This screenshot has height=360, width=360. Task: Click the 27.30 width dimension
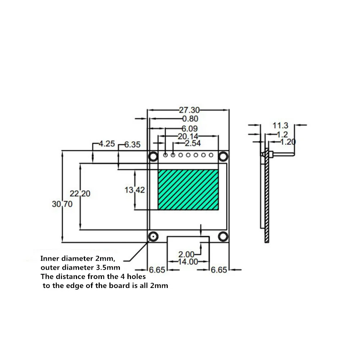(x=189, y=110)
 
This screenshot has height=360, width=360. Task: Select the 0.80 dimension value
(x=190, y=119)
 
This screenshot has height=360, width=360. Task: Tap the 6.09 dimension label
(x=189, y=129)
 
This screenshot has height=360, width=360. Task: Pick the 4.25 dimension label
(x=107, y=144)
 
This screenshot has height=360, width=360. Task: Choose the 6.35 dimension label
(x=132, y=145)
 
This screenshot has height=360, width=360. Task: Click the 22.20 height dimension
(x=80, y=194)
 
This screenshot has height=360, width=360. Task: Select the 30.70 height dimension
(x=62, y=204)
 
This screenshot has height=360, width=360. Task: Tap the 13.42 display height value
(x=135, y=190)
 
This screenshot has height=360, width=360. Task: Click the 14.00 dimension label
(x=188, y=262)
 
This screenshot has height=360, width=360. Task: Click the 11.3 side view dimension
(x=280, y=125)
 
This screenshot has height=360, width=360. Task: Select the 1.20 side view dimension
(x=288, y=142)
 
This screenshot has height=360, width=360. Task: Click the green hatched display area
(x=188, y=190)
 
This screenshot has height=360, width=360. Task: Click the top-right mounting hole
(x=223, y=156)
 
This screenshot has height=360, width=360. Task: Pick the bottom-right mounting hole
(x=223, y=236)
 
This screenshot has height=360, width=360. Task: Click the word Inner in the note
(x=49, y=258)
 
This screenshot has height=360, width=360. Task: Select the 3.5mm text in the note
(x=111, y=267)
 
